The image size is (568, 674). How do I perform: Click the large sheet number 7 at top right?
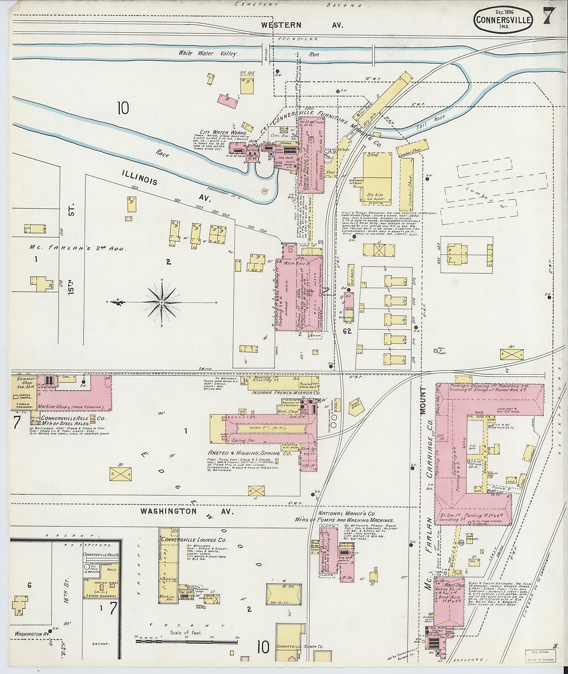click(549, 16)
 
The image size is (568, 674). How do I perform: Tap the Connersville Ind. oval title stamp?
click(503, 19)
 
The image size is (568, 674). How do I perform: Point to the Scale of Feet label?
click(186, 633)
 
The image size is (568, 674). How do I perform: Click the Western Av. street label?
click(302, 25)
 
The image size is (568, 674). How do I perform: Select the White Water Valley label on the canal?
click(208, 53)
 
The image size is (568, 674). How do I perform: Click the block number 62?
click(347, 331)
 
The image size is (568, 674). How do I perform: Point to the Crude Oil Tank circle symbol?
click(87, 566)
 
